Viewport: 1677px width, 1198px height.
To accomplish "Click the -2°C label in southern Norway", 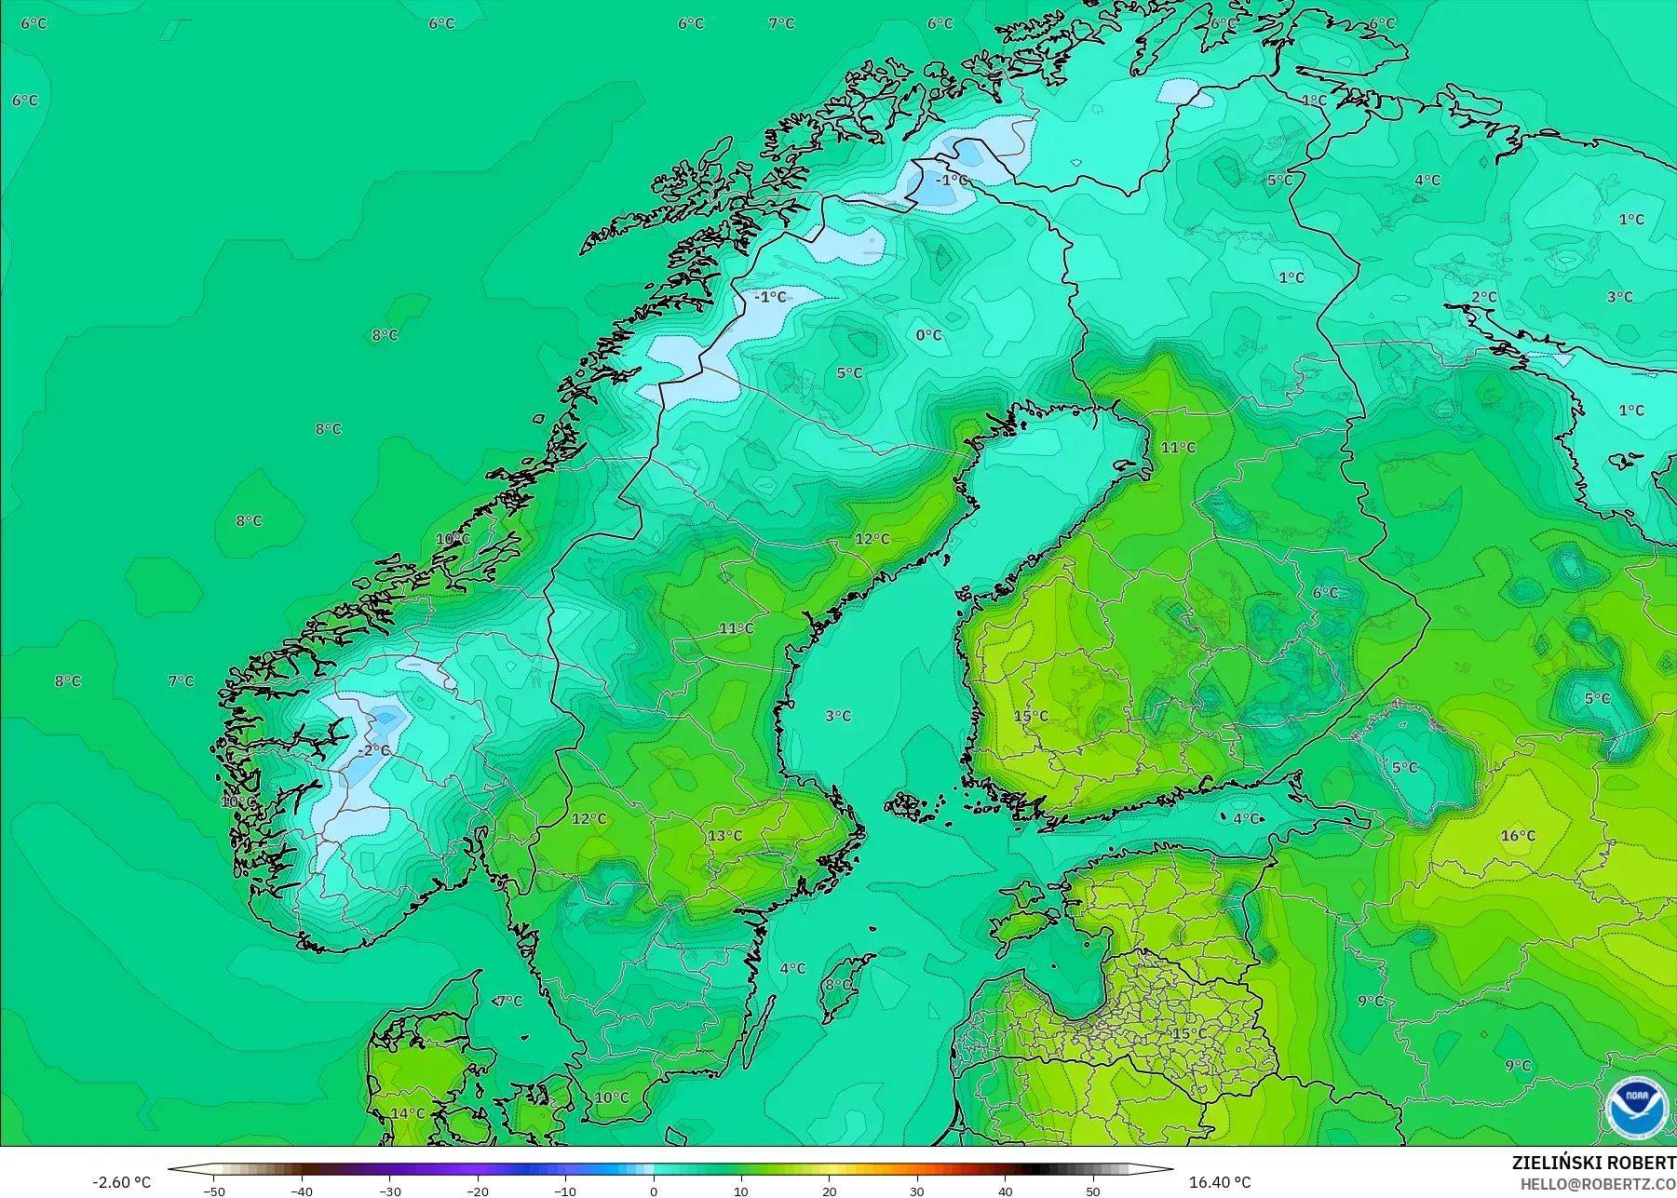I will pos(374,750).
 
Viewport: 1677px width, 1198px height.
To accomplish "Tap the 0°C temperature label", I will pos(928,335).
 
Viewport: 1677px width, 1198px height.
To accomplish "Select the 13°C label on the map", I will pos(724,836).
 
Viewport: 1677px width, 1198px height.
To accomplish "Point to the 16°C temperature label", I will pos(1518,836).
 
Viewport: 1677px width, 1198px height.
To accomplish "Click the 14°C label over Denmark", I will pos(407,1113).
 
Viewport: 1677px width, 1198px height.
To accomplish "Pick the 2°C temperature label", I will pos(1484,298).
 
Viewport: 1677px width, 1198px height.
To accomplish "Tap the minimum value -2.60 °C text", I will pos(121,1182).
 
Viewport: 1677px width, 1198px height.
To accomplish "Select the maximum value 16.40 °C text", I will pos(1220,1182).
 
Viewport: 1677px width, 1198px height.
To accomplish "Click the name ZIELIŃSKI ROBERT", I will pos(1593,1163).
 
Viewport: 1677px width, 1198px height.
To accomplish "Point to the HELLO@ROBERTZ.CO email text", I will pos(1598,1184).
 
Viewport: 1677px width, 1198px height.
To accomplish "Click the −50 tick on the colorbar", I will pos(214,1191).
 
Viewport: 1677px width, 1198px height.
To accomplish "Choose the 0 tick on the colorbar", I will pos(654,1191).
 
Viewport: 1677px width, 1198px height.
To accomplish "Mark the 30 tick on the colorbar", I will pos(917,1191).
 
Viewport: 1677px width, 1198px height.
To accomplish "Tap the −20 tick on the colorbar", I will pos(478,1191).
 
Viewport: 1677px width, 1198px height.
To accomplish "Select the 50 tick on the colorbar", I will pos(1093,1191).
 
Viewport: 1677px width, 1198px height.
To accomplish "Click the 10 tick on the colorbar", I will pos(741,1191).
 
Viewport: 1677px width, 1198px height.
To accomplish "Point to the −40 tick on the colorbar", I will pos(302,1191).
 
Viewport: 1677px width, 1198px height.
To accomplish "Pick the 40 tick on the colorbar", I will pos(1006,1191).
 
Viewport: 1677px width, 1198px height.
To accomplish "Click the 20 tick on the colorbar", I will pos(830,1191).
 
